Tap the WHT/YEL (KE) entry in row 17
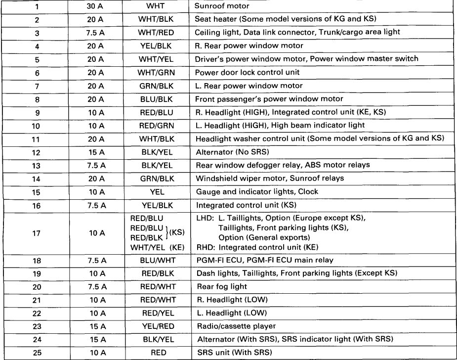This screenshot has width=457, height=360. click(x=155, y=247)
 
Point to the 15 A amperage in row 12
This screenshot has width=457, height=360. click(x=96, y=151)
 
